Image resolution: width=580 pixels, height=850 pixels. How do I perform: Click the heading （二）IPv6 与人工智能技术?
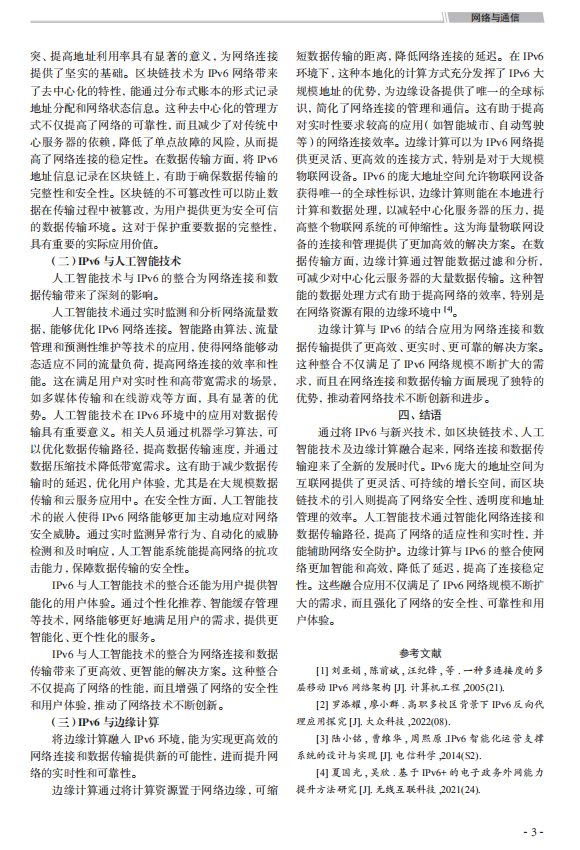point(103,260)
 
